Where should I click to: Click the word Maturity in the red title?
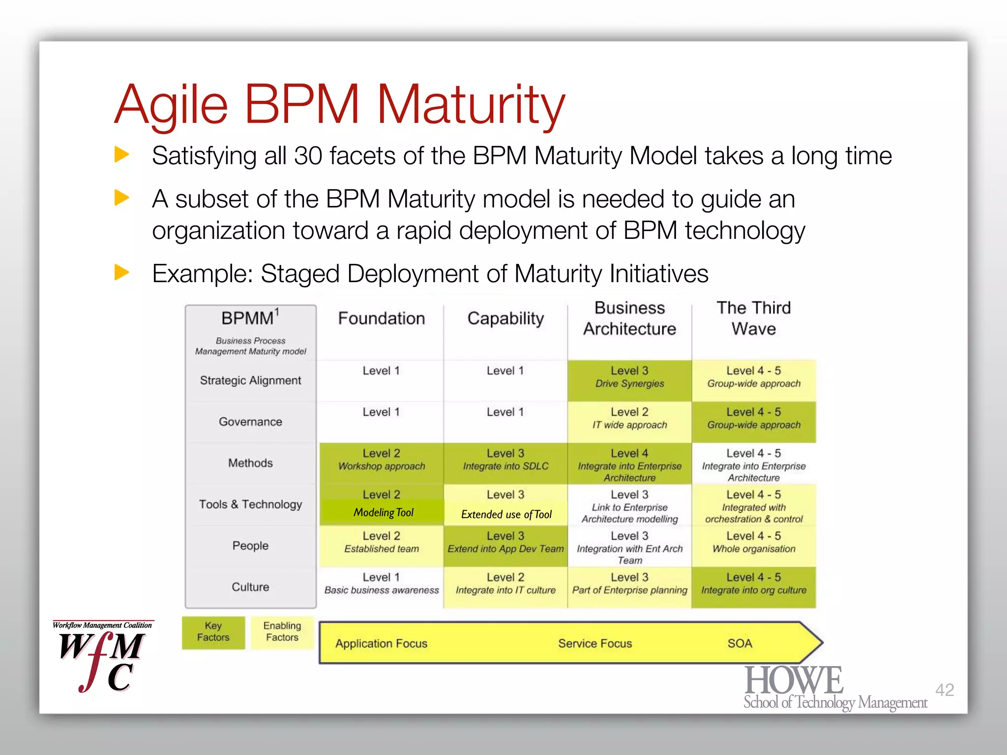pos(471,104)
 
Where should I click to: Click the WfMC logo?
pos(103,658)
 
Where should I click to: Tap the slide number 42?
pos(944,690)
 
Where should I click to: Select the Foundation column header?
pos(381,319)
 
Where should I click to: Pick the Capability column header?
pos(505,319)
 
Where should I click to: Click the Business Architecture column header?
pos(629,318)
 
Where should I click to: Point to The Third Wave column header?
pos(753,318)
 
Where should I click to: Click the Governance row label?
pos(250,422)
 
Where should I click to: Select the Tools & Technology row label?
pos(250,504)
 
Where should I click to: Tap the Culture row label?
pos(250,587)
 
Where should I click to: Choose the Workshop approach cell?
pos(381,461)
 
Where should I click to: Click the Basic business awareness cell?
pos(381,584)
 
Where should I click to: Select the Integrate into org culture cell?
pos(753,584)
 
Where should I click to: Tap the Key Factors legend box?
pos(213,632)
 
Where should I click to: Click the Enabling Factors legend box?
pos(282,632)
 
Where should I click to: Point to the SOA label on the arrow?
pos(740,643)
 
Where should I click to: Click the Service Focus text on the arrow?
pos(594,643)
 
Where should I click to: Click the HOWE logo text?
pos(794,681)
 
